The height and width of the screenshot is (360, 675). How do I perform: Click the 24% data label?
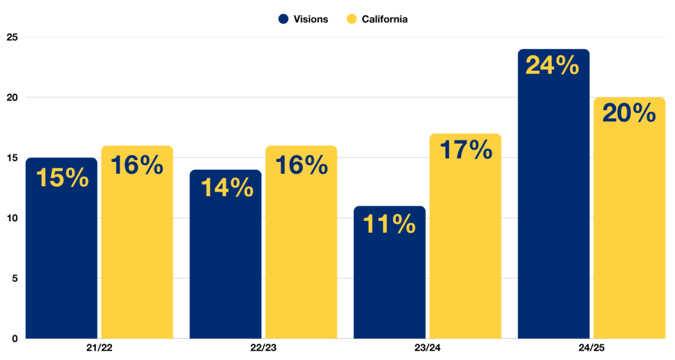click(x=552, y=66)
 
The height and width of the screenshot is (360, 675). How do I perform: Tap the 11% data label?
click(x=389, y=224)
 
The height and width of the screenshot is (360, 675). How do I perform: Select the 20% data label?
click(x=629, y=113)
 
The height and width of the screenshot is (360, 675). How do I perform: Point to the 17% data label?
click(x=465, y=150)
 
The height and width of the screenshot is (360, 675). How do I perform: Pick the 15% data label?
click(x=62, y=178)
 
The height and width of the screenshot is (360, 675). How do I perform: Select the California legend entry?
click(x=377, y=19)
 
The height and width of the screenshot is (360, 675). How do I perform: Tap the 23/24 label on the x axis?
click(x=427, y=348)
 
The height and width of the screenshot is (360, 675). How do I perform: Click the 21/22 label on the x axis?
click(x=99, y=348)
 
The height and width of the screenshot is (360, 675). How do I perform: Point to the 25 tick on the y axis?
click(x=12, y=37)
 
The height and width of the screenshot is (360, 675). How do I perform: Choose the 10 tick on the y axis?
click(x=12, y=218)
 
